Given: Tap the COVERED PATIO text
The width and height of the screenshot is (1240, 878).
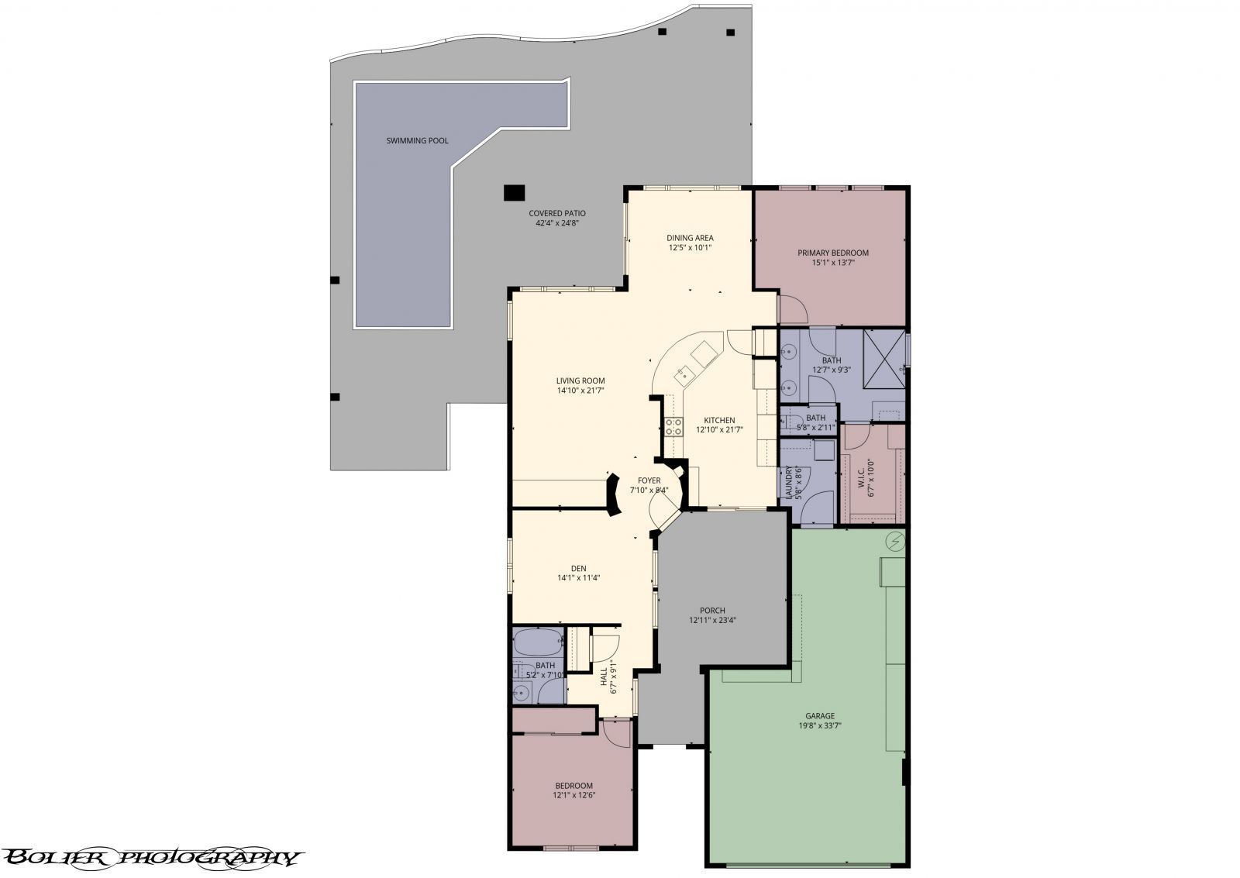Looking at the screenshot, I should (x=557, y=213).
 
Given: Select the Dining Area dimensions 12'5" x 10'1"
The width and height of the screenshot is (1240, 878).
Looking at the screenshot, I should (x=690, y=248).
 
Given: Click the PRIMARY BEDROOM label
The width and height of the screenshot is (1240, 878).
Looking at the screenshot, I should (x=833, y=253).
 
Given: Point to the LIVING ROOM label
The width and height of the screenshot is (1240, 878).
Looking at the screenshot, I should (x=580, y=380).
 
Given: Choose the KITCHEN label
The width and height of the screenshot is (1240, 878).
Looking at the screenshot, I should (x=719, y=421).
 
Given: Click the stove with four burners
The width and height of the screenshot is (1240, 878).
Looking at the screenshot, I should (x=673, y=426).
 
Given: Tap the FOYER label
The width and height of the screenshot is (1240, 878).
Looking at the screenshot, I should (x=649, y=480).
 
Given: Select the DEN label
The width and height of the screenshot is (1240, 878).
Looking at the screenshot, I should (x=578, y=568).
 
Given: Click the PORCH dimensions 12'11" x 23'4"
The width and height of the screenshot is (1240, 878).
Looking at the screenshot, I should (x=712, y=620).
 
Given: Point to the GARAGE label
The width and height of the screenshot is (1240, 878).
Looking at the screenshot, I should (x=820, y=715).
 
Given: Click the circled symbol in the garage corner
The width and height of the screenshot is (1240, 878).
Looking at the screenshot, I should (x=894, y=540).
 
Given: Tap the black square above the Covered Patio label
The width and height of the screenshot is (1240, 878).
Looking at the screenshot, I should (x=513, y=191).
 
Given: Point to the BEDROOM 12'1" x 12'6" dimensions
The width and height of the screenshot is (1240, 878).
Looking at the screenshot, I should (x=573, y=795).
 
